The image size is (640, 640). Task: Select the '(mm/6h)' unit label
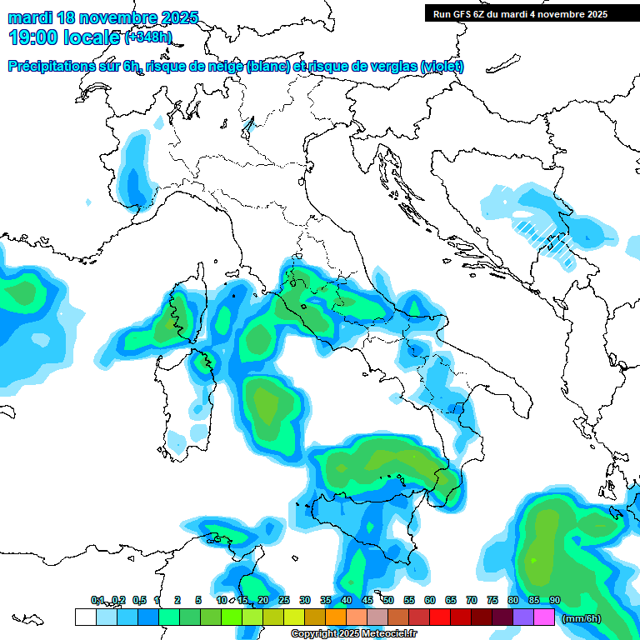click(x=581, y=617)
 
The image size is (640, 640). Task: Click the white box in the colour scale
click(x=85, y=617)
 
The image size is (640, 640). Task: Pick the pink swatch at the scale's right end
click(x=544, y=617)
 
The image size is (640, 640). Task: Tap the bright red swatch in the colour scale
click(x=440, y=617)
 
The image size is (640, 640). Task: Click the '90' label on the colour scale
click(x=555, y=601)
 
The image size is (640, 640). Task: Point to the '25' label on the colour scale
click(x=284, y=601)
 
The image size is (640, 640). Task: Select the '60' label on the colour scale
click(x=430, y=601)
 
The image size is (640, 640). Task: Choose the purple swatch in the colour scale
click(x=523, y=617)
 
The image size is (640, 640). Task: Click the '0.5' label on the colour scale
click(x=139, y=601)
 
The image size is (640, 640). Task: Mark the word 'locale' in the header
click(x=94, y=37)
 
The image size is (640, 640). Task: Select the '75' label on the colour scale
click(x=492, y=601)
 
